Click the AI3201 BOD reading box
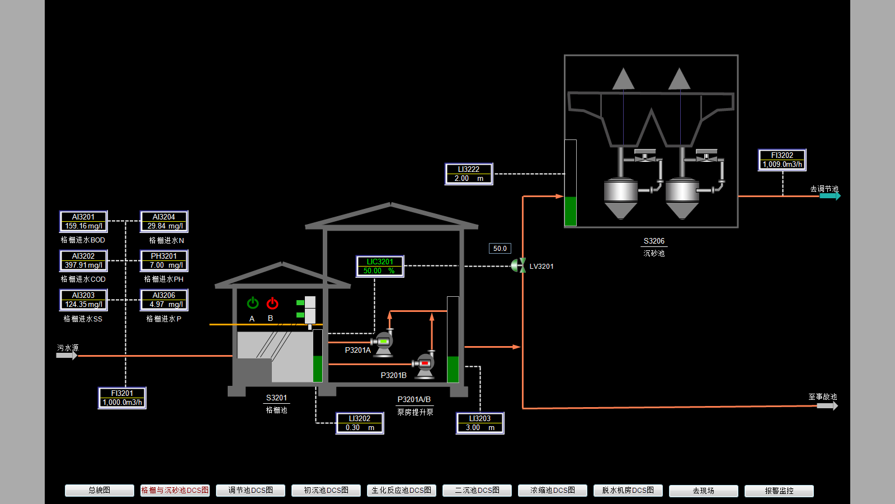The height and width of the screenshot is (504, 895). pyautogui.click(x=83, y=222)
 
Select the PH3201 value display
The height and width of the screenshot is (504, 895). pyautogui.click(x=164, y=261)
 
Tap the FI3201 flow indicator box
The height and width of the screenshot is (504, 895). pyautogui.click(x=122, y=398)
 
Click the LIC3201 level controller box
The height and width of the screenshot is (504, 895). pyautogui.click(x=380, y=267)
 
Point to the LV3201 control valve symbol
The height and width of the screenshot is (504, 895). pyautogui.click(x=519, y=265)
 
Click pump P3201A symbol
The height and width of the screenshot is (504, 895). pyautogui.click(x=383, y=342)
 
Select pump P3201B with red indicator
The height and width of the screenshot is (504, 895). pyautogui.click(x=425, y=365)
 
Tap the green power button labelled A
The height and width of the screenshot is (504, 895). pyautogui.click(x=253, y=304)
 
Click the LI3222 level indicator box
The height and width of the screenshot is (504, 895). pyautogui.click(x=469, y=174)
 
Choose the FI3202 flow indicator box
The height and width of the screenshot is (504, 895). pyautogui.click(x=782, y=160)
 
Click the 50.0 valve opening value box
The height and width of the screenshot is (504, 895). pyautogui.click(x=500, y=249)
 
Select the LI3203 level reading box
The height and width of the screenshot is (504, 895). pyautogui.click(x=480, y=423)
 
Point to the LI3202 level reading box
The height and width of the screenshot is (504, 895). pyautogui.click(x=360, y=423)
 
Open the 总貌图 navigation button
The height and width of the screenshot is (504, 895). pyautogui.click(x=100, y=491)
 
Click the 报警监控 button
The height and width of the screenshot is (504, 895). pyautogui.click(x=779, y=491)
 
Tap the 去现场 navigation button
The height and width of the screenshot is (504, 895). pyautogui.click(x=703, y=491)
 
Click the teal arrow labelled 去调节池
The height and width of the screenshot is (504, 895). pyautogui.click(x=830, y=196)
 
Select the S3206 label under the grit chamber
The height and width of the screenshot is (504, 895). pyautogui.click(x=654, y=241)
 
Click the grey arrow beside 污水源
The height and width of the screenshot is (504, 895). pyautogui.click(x=67, y=356)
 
